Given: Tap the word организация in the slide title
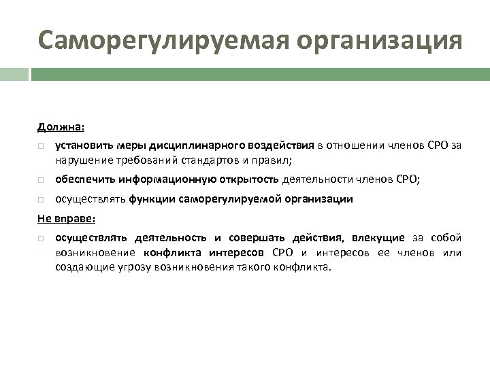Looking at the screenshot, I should (x=367, y=40).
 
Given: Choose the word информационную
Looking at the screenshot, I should (x=167, y=179).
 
